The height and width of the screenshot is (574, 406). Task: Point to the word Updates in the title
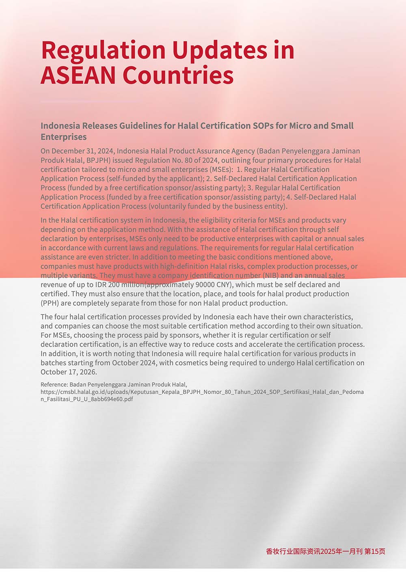coord(220,51)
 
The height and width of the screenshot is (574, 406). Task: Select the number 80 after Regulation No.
coord(189,160)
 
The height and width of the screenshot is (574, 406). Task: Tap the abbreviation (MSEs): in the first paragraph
coord(221,169)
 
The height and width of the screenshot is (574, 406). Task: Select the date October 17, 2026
coord(69,372)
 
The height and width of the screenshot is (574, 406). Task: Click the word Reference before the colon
coord(54,384)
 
